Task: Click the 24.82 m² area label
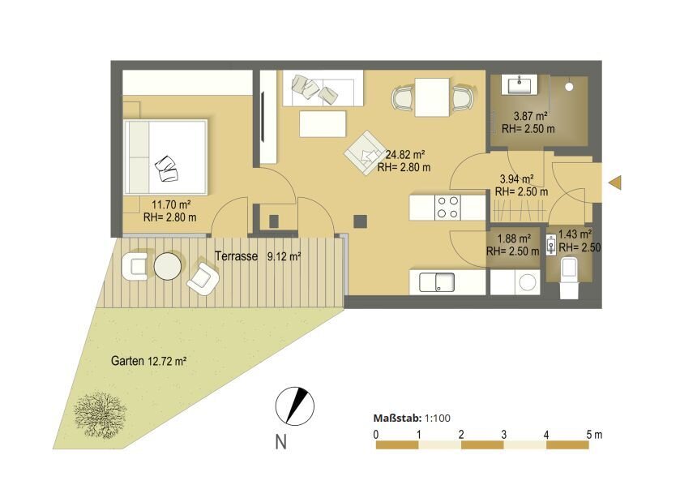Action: point(405,155)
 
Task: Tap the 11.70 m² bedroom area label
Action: point(171,204)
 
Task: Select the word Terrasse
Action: point(237,256)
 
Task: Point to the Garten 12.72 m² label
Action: point(149,361)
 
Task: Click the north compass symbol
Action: point(295,406)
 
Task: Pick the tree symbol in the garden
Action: point(101,414)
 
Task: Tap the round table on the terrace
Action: point(168,266)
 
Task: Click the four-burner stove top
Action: point(447,207)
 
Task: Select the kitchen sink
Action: point(437,282)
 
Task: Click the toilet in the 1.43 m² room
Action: point(569,278)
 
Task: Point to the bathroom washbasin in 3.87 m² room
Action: point(519,84)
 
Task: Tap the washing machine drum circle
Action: point(528,282)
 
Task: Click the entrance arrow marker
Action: point(615,182)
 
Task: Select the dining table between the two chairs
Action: point(432,97)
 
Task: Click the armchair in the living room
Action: point(365,152)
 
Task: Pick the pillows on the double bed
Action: point(166,169)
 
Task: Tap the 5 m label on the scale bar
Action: point(594,434)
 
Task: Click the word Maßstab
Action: point(397,419)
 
